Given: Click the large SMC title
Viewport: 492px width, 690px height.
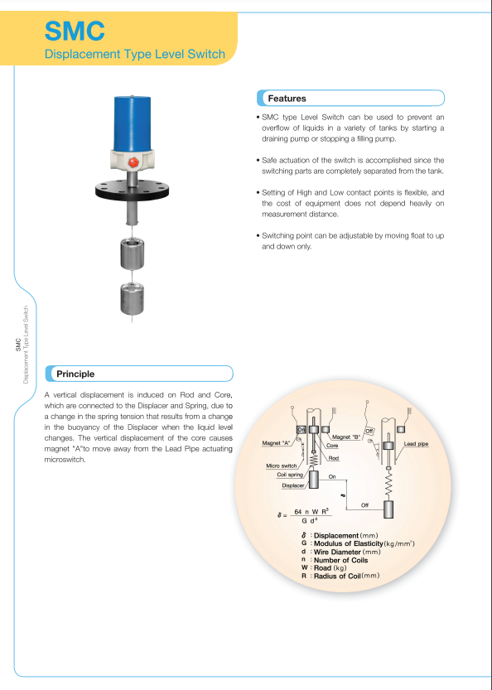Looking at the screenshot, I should coord(75,31).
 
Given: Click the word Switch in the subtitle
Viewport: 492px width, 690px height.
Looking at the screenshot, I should coord(206,55).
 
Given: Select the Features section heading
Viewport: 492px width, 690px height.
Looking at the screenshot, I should coord(285,99).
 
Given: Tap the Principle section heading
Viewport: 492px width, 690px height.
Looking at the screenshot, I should coord(75,374).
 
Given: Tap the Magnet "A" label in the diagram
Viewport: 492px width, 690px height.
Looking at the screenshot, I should coord(276,444).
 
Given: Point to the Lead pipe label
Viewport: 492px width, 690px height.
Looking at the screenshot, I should coord(416,445).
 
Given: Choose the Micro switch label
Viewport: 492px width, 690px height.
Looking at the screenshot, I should coord(282,466).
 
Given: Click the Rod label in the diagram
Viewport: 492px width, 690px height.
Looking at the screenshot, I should coord(334,457).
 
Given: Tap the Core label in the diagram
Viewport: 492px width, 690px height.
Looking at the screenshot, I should coord(332,446).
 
